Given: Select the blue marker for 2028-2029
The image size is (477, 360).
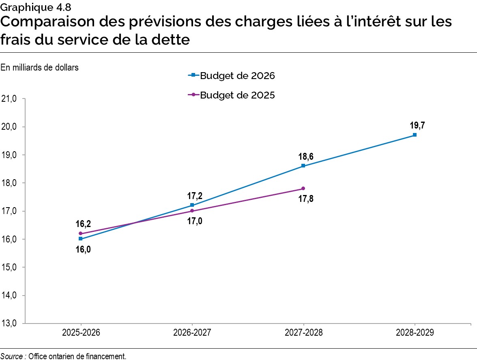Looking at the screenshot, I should click(415, 135).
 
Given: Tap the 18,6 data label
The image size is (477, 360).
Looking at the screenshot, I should click(303, 156).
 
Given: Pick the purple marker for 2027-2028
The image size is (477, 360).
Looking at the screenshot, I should click(303, 189).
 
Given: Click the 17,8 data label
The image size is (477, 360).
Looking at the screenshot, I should click(303, 199).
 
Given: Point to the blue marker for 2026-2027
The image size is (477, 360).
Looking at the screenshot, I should click(192, 205).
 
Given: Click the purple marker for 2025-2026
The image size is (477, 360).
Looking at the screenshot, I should click(80, 234).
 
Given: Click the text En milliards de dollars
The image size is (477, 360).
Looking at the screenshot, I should click(39, 68).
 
